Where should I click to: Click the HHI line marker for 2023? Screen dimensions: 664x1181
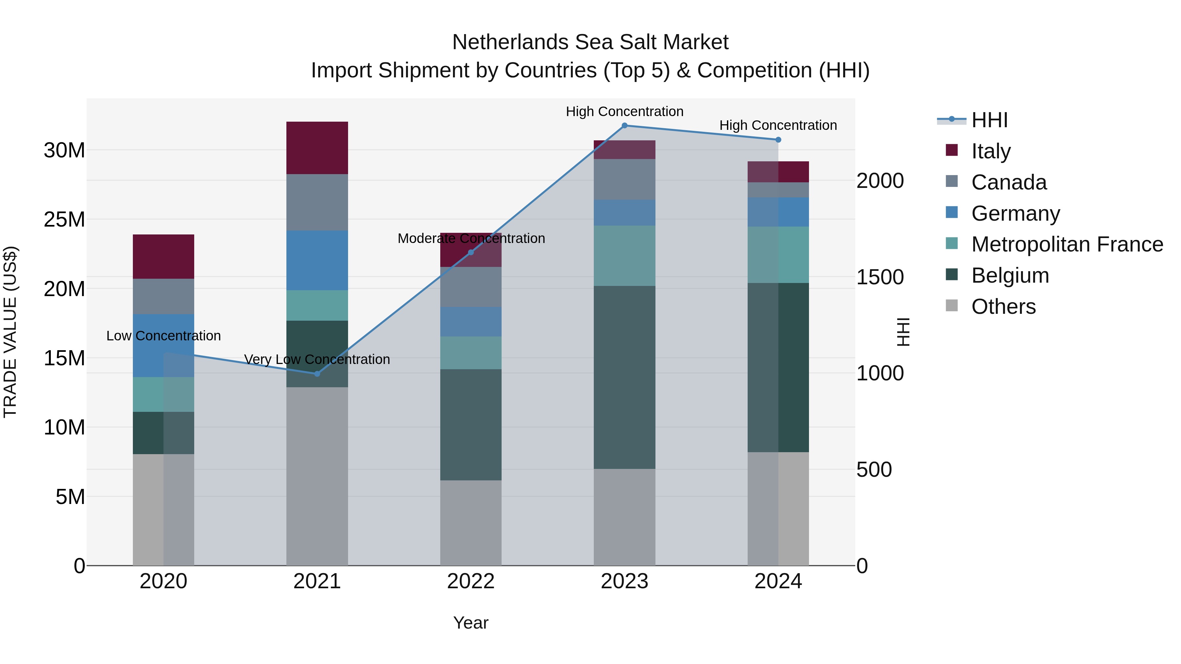coord(624,125)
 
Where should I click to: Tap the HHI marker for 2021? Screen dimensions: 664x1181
coord(317,373)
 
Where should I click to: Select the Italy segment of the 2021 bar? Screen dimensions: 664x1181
coord(317,148)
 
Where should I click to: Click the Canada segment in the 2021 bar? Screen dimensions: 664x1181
coord(317,202)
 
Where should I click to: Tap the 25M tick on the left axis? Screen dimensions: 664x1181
coord(64,219)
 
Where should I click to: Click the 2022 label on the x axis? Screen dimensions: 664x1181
coord(470,581)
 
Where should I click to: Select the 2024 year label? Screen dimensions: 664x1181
coord(778,581)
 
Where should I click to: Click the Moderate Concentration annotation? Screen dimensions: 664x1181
coord(471,238)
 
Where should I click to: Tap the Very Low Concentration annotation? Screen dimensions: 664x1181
coord(317,359)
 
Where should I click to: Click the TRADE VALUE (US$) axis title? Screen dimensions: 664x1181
coord(10,332)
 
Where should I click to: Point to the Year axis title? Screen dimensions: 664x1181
coord(470,623)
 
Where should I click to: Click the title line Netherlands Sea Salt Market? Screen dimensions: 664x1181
coord(590,42)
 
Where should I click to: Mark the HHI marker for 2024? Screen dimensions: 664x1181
coord(778,139)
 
